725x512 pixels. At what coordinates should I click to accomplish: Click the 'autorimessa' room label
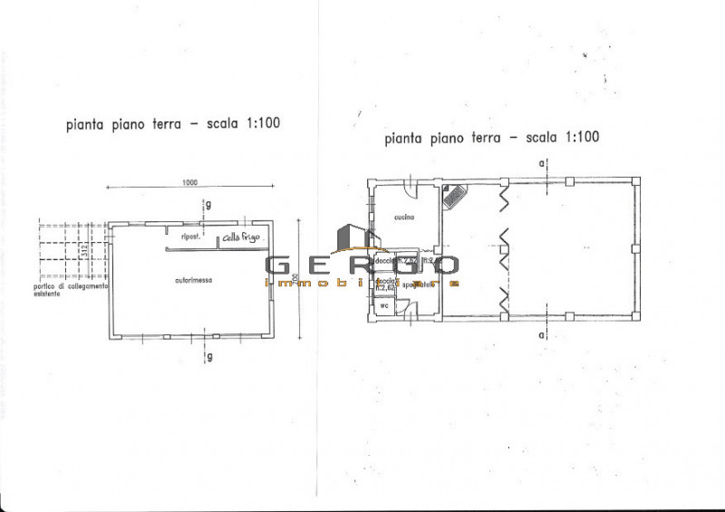[x=194, y=281]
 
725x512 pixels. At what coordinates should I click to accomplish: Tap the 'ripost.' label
[x=189, y=237]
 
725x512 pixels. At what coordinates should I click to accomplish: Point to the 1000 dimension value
[x=188, y=182]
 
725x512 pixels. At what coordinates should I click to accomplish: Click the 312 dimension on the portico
[x=82, y=251]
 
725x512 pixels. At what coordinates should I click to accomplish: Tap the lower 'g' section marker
[x=209, y=356]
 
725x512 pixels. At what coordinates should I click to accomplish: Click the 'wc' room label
[x=384, y=304]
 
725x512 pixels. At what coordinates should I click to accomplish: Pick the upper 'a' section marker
[x=541, y=164]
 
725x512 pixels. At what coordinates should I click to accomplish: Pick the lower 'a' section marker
[x=541, y=336]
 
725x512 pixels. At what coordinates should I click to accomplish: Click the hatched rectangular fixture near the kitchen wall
[x=453, y=197]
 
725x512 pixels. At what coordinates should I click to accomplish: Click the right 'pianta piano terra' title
[x=492, y=139]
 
